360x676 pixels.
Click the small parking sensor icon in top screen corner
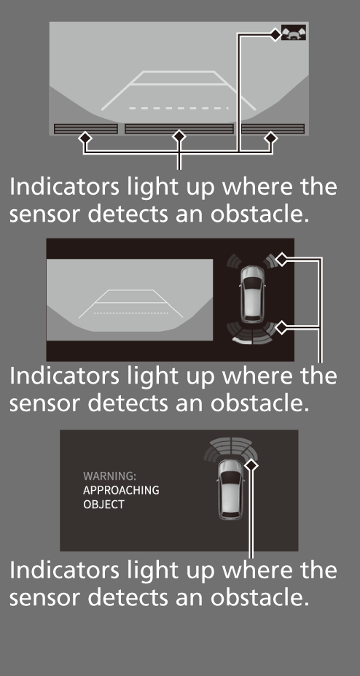click(x=294, y=33)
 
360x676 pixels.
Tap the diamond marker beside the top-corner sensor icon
click(x=275, y=34)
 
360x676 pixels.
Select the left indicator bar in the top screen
click(x=86, y=129)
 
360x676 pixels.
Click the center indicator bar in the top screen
click(x=179, y=129)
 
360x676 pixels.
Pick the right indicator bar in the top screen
click(x=273, y=129)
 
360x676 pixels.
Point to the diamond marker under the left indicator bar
click(x=85, y=139)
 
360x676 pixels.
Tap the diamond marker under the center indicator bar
click(x=179, y=137)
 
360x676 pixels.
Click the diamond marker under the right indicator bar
click(x=270, y=139)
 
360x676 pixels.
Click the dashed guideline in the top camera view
click(x=179, y=108)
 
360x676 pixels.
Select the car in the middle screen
click(x=253, y=294)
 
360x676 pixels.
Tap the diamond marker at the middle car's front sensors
click(x=281, y=260)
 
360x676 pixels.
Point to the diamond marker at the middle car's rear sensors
click(x=281, y=327)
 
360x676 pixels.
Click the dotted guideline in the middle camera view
click(x=131, y=313)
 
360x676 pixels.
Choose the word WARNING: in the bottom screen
click(x=109, y=476)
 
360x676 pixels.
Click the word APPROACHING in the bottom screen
click(x=121, y=491)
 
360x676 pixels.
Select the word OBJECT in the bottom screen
click(x=103, y=505)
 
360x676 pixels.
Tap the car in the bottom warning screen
click(x=230, y=489)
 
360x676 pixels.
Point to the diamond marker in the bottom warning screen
click(x=251, y=465)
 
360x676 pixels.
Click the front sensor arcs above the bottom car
click(x=231, y=448)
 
